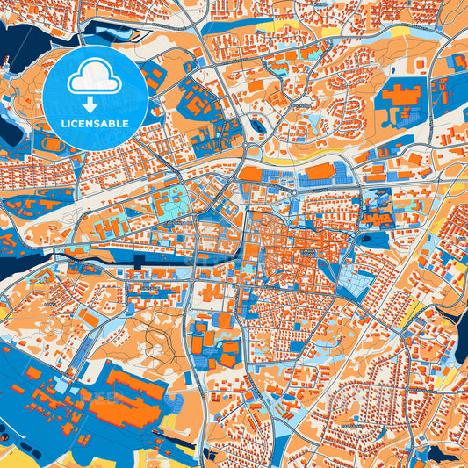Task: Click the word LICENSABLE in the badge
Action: click(95, 124)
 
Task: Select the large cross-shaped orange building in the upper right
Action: click(406, 101)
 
